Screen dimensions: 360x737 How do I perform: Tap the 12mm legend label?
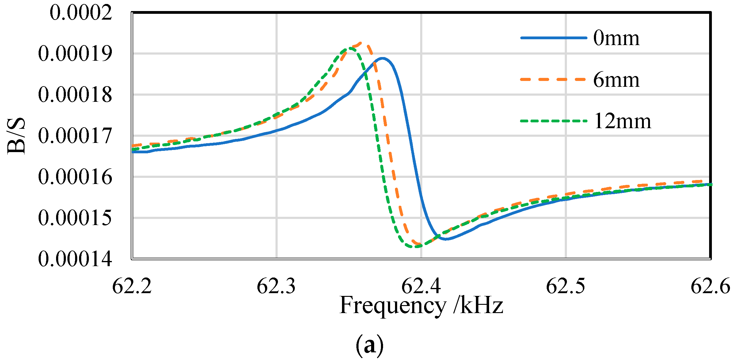pyautogui.click(x=622, y=121)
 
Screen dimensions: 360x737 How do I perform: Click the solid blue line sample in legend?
pyautogui.click(x=553, y=38)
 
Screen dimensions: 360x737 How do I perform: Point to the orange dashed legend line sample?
pyautogui.click(x=553, y=79)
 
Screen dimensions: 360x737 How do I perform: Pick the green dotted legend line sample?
pyautogui.click(x=553, y=121)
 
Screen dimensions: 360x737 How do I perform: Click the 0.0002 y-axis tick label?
pyautogui.click(x=81, y=13)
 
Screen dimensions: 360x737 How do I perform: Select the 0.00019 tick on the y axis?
pyautogui.click(x=75, y=54)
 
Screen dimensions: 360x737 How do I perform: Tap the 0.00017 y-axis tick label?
pyautogui.click(x=75, y=136)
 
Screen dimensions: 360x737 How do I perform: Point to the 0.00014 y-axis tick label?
pyautogui.click(x=75, y=259)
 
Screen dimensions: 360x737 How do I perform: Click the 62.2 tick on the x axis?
pyautogui.click(x=132, y=286)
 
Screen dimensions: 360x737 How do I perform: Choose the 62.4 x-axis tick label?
pyautogui.click(x=421, y=286)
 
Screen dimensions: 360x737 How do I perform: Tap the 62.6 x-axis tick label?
pyautogui.click(x=710, y=286)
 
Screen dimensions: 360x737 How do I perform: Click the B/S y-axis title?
pyautogui.click(x=16, y=136)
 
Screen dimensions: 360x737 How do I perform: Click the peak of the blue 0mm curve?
pyautogui.click(x=382, y=58)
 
